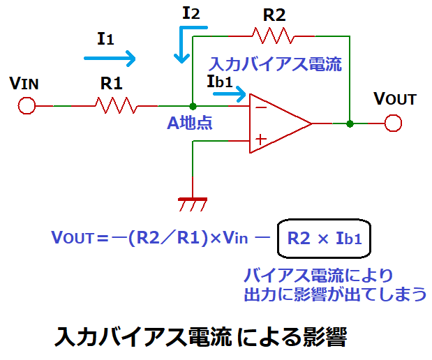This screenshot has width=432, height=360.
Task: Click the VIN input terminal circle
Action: tap(27, 106)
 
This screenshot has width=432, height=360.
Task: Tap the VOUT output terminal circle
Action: tap(393, 123)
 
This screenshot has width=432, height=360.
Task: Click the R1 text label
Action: tap(112, 84)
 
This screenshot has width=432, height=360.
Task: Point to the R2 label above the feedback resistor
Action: tap(274, 14)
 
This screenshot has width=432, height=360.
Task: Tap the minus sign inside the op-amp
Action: tap(260, 107)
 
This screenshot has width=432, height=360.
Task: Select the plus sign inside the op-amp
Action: tap(260, 140)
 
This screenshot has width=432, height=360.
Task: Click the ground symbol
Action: tap(192, 204)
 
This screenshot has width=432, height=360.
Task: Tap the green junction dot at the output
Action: tap(350, 123)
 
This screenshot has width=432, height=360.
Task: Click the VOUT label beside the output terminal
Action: tap(394, 99)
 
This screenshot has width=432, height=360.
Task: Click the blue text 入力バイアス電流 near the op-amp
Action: tap(276, 65)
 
